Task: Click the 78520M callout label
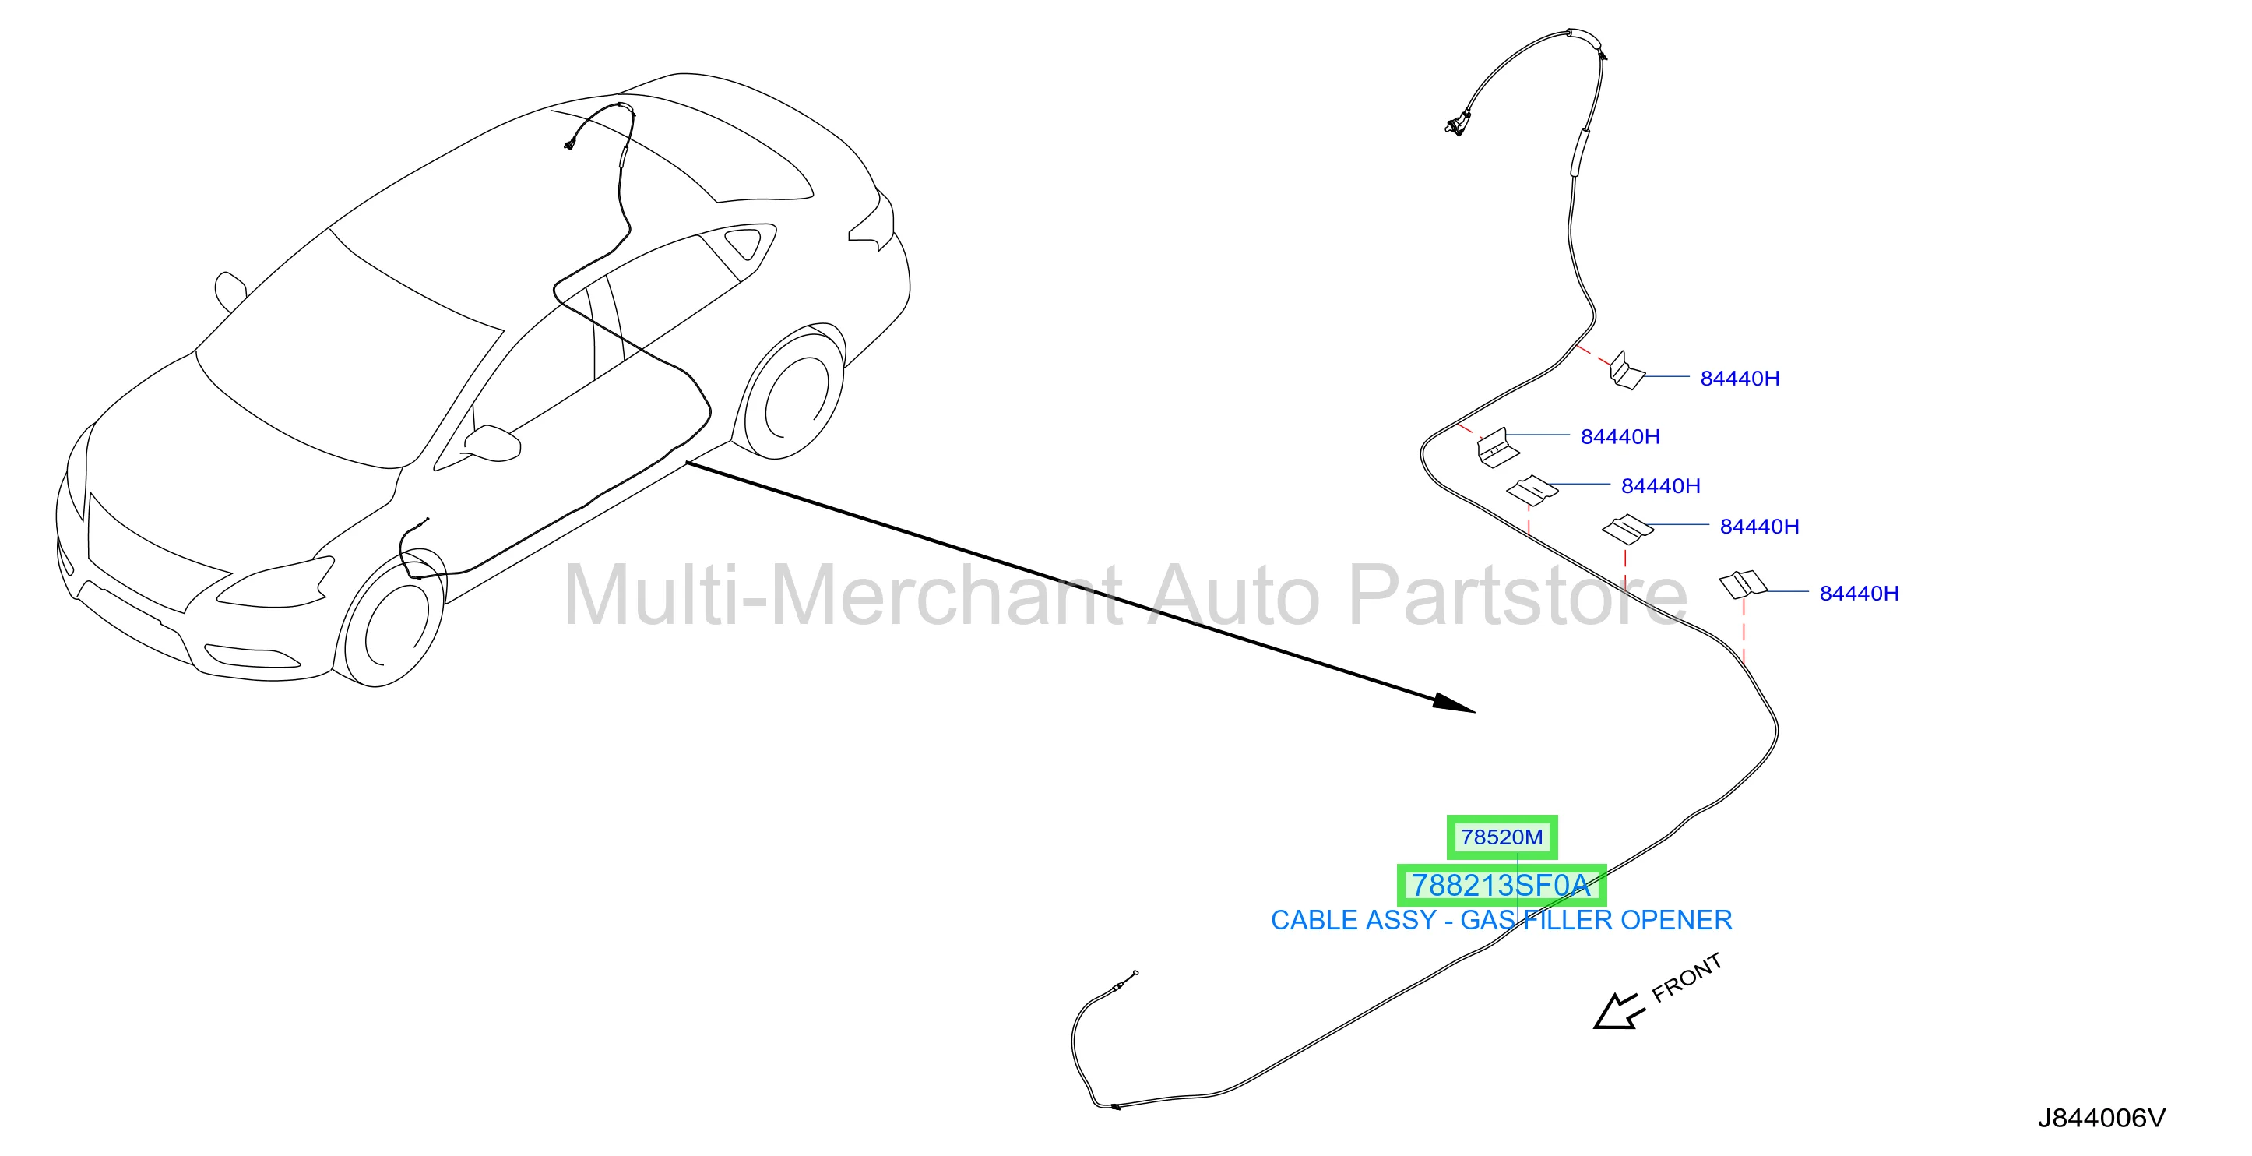point(1501,837)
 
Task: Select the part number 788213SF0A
point(1501,885)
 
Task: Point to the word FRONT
point(1687,978)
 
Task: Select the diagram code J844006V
point(2102,1118)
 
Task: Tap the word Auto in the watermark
point(1233,594)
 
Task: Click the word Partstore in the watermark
point(1518,594)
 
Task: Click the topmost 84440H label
point(1740,379)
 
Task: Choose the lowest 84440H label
point(1860,593)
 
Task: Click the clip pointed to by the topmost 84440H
point(1626,372)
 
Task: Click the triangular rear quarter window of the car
point(745,242)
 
